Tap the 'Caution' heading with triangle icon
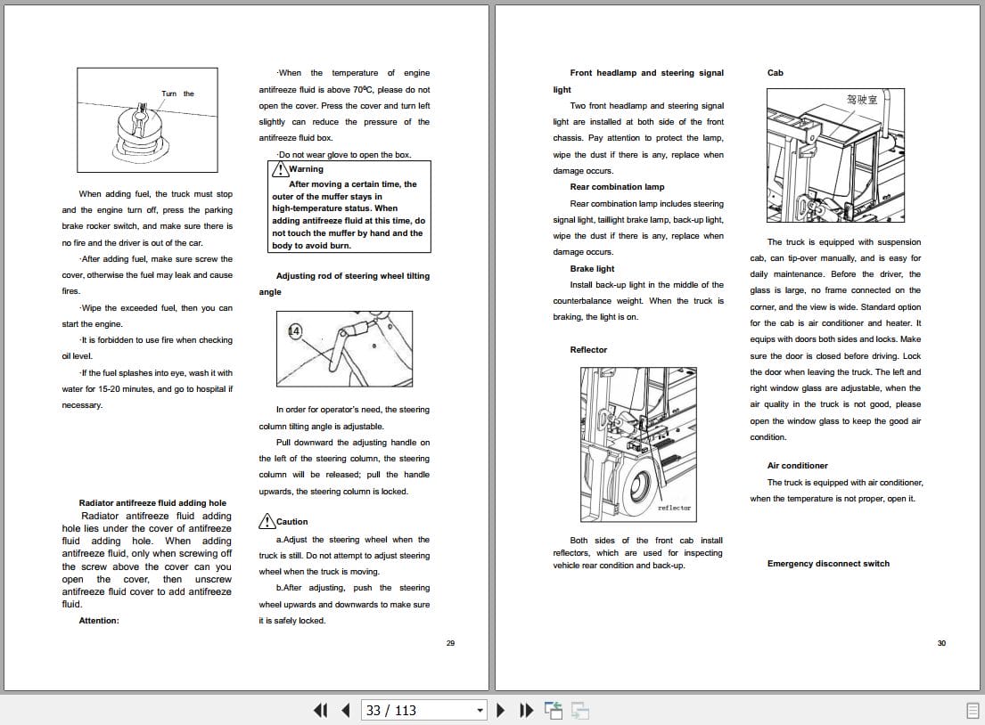(x=291, y=522)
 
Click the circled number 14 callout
(x=295, y=331)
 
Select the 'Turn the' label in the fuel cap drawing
(x=177, y=94)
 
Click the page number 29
(x=450, y=643)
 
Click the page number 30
(x=941, y=643)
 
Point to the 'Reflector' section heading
(x=588, y=350)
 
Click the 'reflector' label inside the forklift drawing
(x=674, y=508)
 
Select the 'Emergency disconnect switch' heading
(x=828, y=564)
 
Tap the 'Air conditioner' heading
(x=797, y=466)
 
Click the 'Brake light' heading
(x=592, y=269)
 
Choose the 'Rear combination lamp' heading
(x=617, y=187)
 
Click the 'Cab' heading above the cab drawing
(x=775, y=73)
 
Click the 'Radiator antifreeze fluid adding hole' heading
(x=152, y=503)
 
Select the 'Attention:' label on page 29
(x=98, y=621)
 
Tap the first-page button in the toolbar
(x=321, y=710)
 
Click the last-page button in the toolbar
(x=527, y=710)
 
